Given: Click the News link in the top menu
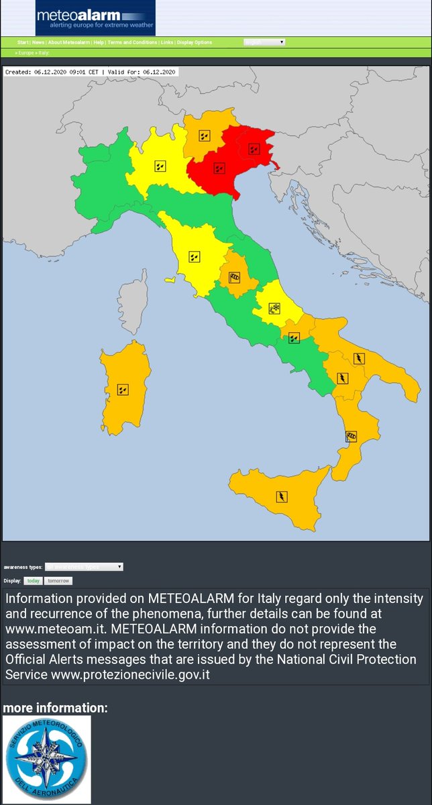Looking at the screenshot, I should tap(38, 42).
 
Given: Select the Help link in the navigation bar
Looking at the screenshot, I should tap(99, 42).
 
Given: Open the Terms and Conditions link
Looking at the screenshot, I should tap(132, 42).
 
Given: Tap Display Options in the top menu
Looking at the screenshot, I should tap(195, 42).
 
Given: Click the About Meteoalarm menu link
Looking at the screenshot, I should tap(69, 42).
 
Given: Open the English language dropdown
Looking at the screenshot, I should tap(264, 42).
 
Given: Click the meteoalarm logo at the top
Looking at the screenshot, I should tap(95, 18).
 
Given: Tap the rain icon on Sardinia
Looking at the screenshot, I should tap(122, 389).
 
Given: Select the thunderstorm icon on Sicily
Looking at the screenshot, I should tap(282, 496).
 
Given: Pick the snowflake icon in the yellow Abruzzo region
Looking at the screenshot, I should tap(274, 309).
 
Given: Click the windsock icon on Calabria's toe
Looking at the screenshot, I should tap(351, 437).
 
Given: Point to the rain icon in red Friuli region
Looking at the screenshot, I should tap(254, 148).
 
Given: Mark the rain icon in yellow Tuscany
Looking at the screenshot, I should tap(194, 256).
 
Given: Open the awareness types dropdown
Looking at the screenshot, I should tap(84, 567).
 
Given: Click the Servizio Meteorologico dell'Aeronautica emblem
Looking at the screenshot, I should tap(47, 759).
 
